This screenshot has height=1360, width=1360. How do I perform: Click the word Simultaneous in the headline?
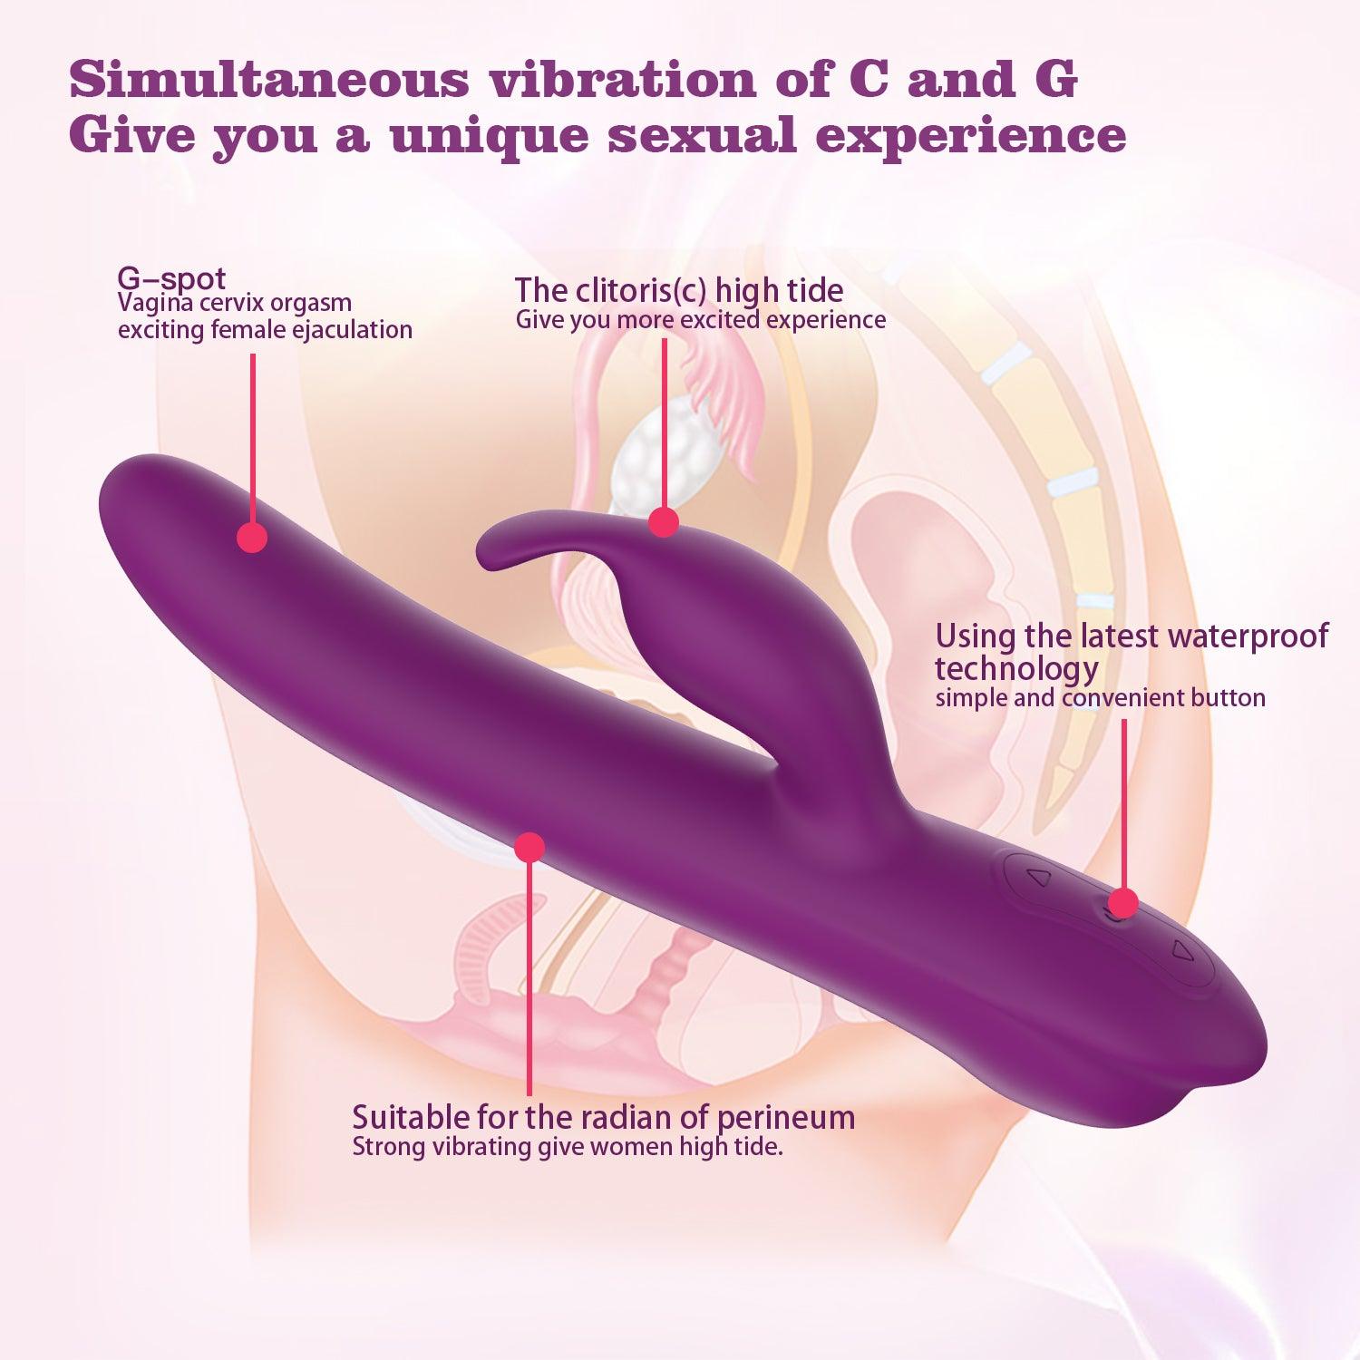point(269,80)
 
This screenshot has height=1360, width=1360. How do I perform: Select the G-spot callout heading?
point(171,277)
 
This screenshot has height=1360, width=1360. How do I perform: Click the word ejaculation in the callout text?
point(352,329)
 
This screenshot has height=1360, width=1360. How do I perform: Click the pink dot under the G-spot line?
point(252,537)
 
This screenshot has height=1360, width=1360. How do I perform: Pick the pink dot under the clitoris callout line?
point(664,521)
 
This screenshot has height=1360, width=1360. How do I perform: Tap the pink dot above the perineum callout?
point(529,847)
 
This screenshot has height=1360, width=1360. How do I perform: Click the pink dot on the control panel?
point(1123,902)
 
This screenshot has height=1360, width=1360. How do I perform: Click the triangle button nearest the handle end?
point(1180,951)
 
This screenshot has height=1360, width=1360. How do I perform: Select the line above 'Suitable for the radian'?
point(529,979)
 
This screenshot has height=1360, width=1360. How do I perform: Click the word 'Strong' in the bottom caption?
point(388,1147)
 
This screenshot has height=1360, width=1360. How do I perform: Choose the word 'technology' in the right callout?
point(1016,669)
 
